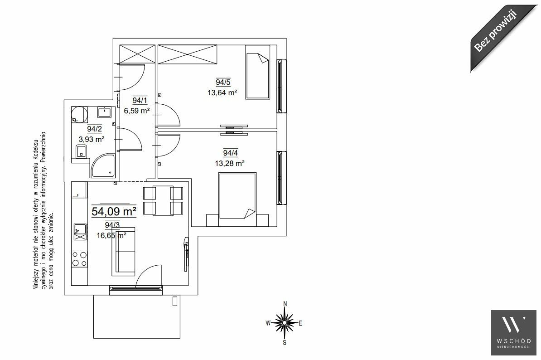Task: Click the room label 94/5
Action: [223, 82]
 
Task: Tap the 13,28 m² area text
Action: [230, 163]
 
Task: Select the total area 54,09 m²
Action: [114, 211]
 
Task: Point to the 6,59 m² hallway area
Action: [137, 111]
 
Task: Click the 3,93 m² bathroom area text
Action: [92, 139]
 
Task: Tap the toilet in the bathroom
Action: [82, 151]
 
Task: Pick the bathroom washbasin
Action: [104, 112]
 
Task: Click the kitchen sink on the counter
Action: [80, 232]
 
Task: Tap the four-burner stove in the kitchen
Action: [79, 259]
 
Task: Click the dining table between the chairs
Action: [163, 200]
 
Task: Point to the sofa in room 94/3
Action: [123, 251]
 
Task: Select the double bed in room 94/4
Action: [237, 200]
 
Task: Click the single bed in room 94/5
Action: [257, 76]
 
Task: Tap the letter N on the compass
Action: [285, 304]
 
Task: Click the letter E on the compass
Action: [300, 323]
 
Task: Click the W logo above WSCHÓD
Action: [514, 325]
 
